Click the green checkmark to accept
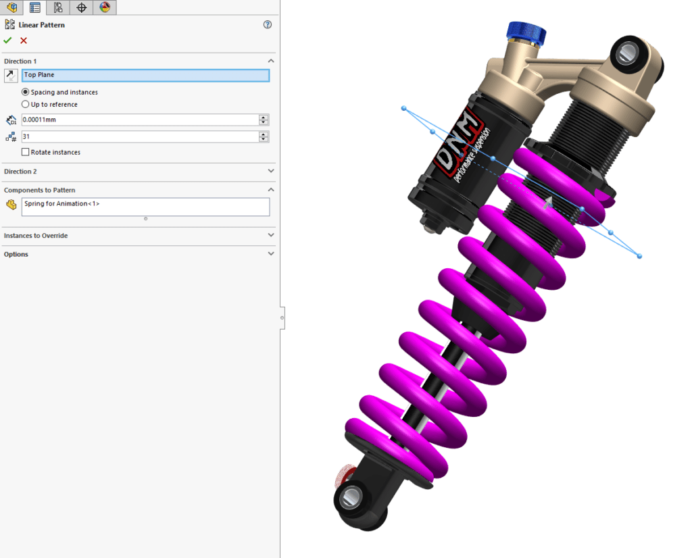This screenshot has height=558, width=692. (x=7, y=41)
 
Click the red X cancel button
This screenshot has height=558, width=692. (x=24, y=41)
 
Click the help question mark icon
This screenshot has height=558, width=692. (x=268, y=25)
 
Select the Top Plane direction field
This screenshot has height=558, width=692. (x=145, y=75)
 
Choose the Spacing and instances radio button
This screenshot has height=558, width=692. (x=26, y=92)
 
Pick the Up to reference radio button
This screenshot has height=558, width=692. (x=26, y=105)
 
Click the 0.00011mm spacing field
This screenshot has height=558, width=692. (x=139, y=120)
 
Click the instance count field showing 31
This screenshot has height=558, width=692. (x=139, y=136)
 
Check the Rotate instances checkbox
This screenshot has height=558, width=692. (x=26, y=152)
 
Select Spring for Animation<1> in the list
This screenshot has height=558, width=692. (x=62, y=203)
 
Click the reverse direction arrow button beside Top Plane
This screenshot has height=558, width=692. (x=11, y=75)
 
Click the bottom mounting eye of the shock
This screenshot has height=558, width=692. (x=350, y=499)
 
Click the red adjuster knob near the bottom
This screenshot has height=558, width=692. (x=344, y=474)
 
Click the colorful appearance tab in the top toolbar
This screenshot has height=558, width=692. (x=105, y=7)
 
